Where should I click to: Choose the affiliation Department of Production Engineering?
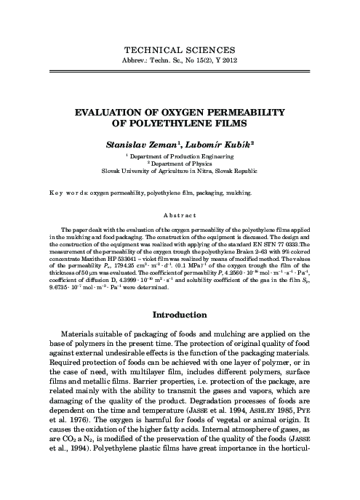[182, 156]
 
